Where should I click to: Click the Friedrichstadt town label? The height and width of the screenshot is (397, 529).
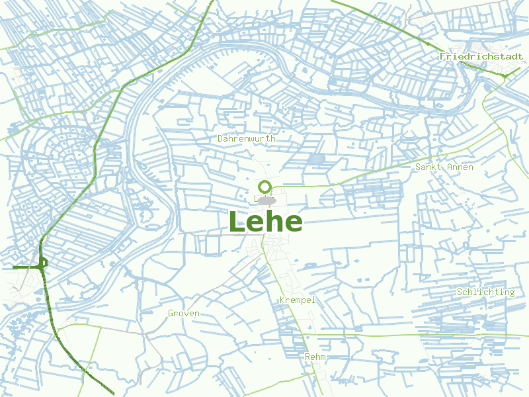tap(481, 57)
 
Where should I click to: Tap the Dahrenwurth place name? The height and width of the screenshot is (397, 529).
tap(246, 139)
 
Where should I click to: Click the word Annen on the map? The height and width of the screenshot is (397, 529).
tap(460, 167)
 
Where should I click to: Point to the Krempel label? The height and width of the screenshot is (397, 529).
tap(298, 300)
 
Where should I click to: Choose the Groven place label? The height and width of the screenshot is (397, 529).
tap(183, 314)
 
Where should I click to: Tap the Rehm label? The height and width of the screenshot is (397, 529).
tap(315, 357)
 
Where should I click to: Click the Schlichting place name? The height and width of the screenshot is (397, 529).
tap(485, 292)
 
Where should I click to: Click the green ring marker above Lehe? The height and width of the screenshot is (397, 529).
tap(265, 186)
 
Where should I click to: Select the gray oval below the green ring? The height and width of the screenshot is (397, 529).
tap(266, 200)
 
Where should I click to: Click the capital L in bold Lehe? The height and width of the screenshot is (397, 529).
tap(237, 222)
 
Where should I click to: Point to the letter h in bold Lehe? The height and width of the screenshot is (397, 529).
tap(273, 222)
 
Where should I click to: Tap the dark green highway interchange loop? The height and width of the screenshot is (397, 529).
tap(42, 263)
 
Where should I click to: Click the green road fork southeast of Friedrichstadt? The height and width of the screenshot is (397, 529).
tap(505, 77)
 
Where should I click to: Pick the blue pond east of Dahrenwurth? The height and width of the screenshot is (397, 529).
tap(317, 159)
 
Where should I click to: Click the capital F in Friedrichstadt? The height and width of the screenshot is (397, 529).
tap(442, 57)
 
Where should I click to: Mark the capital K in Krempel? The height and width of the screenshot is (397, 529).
tap(283, 300)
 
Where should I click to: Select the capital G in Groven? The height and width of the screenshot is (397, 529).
tap(171, 314)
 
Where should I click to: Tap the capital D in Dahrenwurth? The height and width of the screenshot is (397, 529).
tap(221, 139)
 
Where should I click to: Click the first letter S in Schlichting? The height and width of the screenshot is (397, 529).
tap(460, 292)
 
